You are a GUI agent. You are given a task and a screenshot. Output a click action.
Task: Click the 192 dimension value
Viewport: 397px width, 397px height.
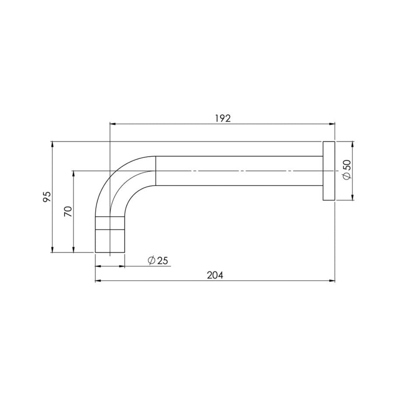coord(223,118)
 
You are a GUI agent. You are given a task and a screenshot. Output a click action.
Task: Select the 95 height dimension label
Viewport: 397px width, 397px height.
coord(47,197)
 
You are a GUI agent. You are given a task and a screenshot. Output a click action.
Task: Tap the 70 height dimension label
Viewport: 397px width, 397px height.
coord(68,211)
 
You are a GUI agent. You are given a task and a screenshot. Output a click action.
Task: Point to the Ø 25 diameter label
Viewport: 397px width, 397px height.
coord(158,261)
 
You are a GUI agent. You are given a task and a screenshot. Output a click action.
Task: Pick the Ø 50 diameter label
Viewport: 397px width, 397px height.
coord(347,170)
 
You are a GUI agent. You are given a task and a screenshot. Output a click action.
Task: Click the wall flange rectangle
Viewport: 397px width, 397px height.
coord(329,171)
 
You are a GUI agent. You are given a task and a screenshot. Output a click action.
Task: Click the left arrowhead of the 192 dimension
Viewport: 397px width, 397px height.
coord(112,124)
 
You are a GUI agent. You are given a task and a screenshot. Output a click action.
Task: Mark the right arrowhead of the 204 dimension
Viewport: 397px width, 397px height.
coord(332,281)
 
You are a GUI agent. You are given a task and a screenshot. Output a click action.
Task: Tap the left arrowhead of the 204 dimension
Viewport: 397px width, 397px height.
coord(98,281)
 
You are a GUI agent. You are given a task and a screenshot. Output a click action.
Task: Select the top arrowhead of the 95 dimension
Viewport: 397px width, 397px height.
coord(53,144)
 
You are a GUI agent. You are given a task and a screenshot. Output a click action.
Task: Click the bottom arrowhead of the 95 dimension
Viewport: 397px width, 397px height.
coord(53,250)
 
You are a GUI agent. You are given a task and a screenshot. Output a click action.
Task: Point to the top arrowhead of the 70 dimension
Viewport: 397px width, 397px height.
coord(74,174)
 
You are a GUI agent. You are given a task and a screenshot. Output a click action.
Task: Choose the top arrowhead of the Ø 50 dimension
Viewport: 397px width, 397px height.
coord(353,144)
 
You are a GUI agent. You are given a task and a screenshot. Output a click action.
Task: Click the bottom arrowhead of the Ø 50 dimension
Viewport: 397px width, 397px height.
coord(353,198)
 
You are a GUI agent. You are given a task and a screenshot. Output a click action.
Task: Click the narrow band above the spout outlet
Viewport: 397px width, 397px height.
coord(110,223)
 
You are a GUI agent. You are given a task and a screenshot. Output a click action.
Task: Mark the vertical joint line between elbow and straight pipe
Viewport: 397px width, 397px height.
coord(156,171)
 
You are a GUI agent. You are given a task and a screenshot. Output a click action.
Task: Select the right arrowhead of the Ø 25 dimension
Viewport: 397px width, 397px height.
coord(122,266)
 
